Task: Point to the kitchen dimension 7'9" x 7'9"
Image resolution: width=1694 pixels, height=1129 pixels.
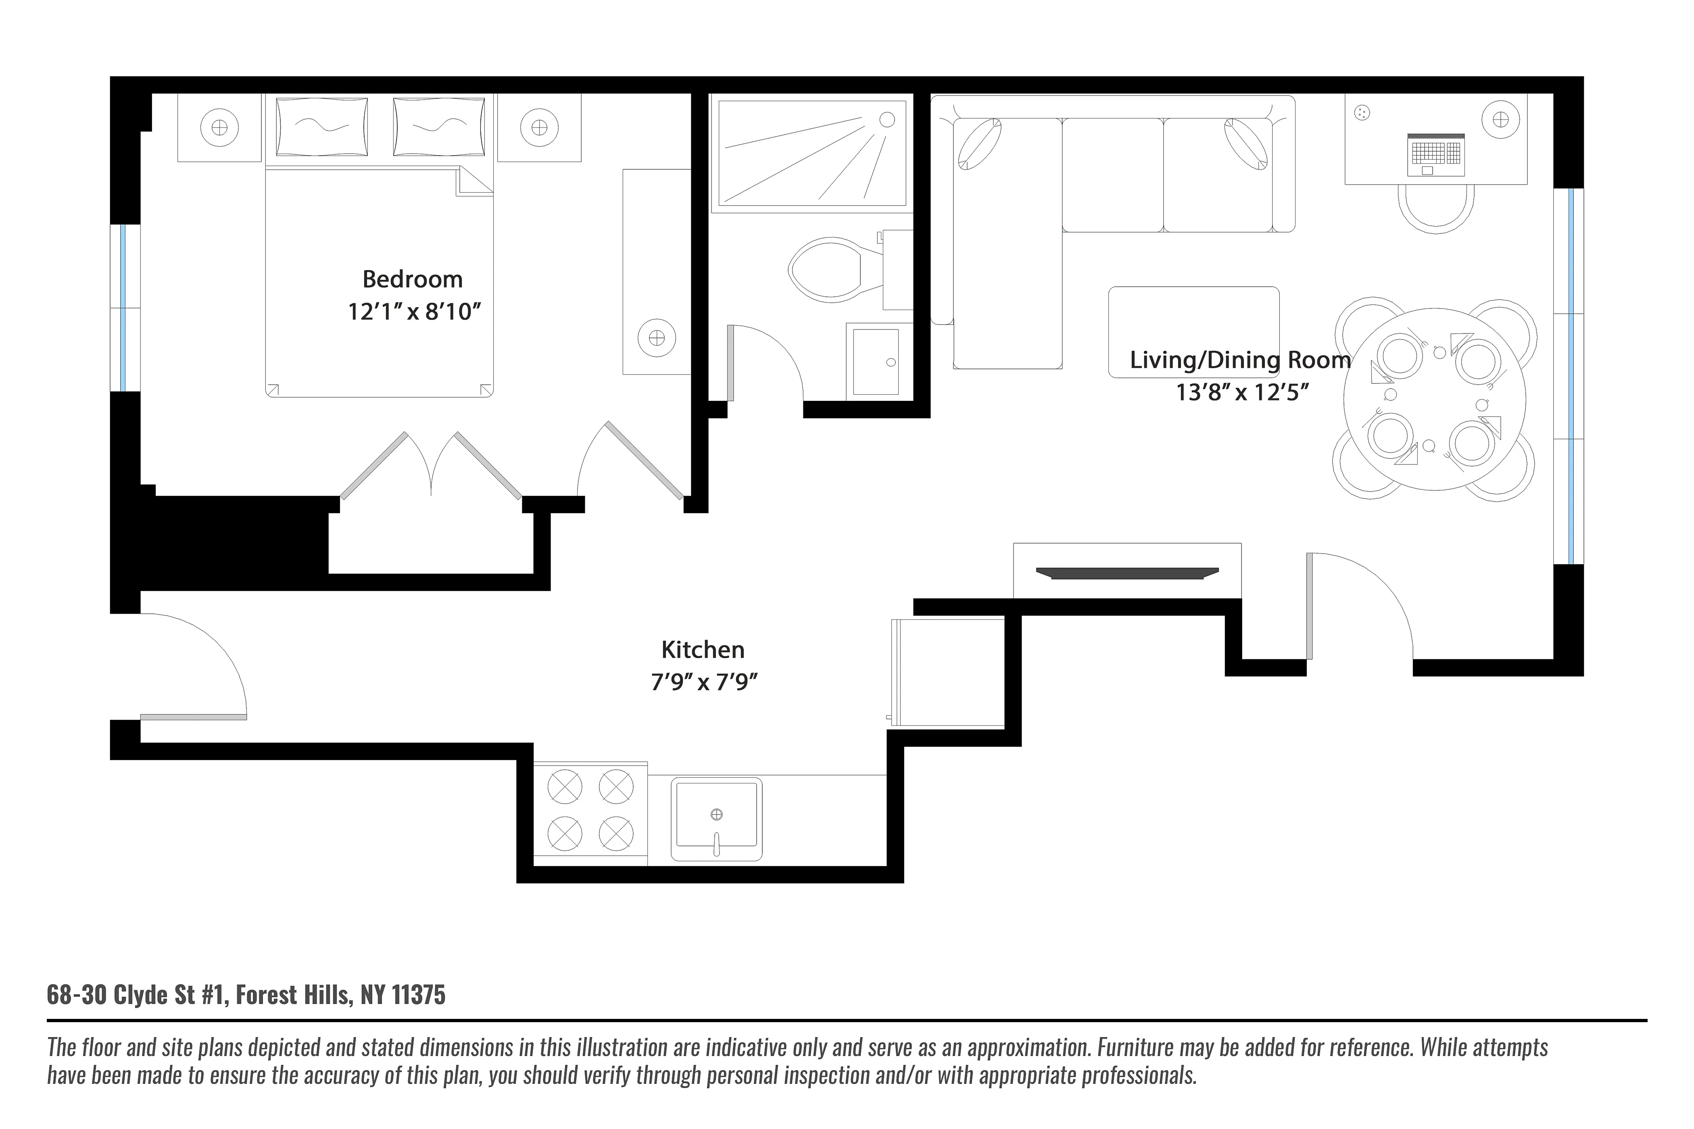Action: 704,681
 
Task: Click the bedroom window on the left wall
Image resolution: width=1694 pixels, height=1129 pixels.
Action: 124,308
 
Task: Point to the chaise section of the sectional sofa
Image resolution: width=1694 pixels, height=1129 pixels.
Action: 1007,245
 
